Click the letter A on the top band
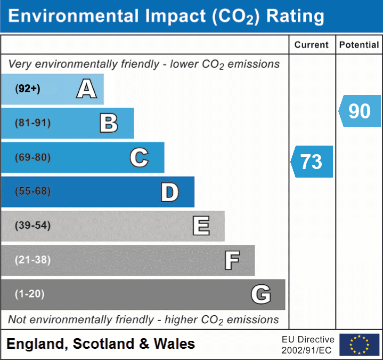pyautogui.click(x=86, y=89)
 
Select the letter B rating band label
pyautogui.click(x=109, y=123)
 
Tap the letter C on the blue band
pyautogui.click(x=139, y=157)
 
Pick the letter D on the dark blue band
pyautogui.click(x=169, y=192)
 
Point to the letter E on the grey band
pyautogui.click(x=201, y=226)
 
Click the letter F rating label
pyautogui.click(x=232, y=260)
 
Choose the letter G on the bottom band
pyautogui.click(x=261, y=294)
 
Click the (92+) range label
pyautogui.click(x=28, y=89)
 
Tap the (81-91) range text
pyautogui.click(x=33, y=123)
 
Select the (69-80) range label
pyautogui.click(x=33, y=157)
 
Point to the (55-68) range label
pyautogui.click(x=33, y=191)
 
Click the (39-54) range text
pyautogui.click(x=33, y=226)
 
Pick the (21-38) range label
pyautogui.click(x=33, y=260)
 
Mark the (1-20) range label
pyautogui.click(x=30, y=294)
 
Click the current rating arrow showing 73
pyautogui.click(x=312, y=161)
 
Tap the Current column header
pyautogui.click(x=312, y=45)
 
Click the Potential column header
pyautogui.click(x=359, y=45)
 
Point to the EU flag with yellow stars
pyautogui.click(x=359, y=345)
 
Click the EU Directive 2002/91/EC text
pyautogui.click(x=308, y=345)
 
